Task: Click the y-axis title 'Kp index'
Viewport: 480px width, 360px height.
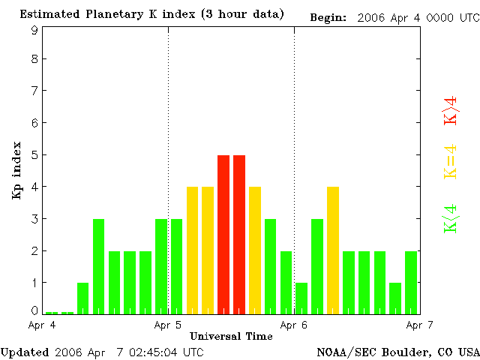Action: click(16, 170)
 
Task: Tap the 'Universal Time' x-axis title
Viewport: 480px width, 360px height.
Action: click(231, 336)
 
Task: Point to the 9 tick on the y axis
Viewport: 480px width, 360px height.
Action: click(34, 30)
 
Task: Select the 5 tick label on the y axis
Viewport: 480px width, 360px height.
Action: click(34, 154)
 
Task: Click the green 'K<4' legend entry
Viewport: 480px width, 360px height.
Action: click(451, 218)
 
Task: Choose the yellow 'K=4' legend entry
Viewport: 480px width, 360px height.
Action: click(451, 161)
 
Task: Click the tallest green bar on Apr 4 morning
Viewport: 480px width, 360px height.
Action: click(98, 265)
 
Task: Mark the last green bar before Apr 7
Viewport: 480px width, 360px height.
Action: click(411, 282)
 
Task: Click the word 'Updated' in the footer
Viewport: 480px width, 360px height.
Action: click(24, 351)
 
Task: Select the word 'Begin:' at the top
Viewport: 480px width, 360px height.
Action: click(328, 16)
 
